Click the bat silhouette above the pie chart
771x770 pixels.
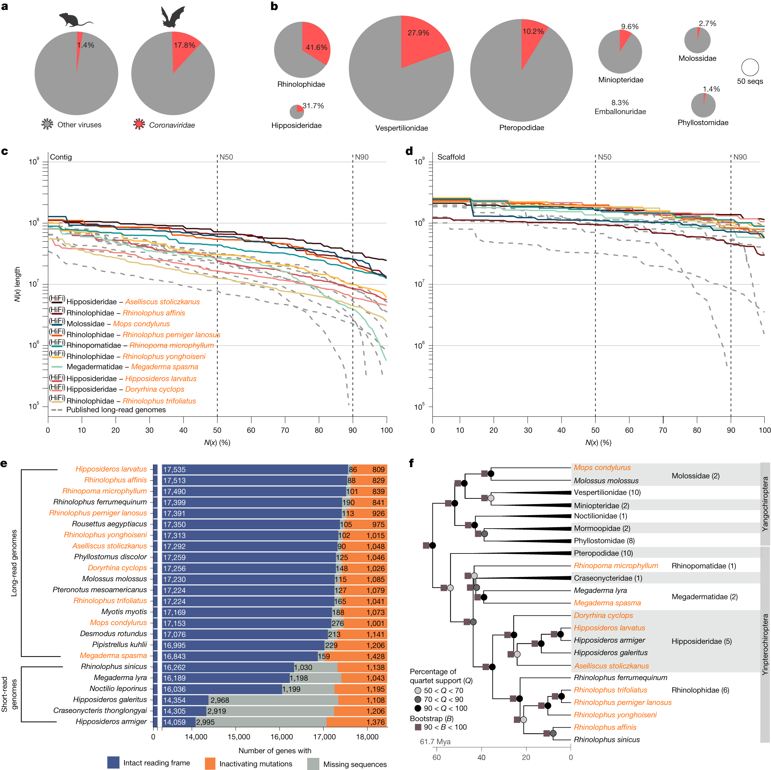pyautogui.click(x=173, y=18)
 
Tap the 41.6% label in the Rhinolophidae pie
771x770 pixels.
pyautogui.click(x=317, y=48)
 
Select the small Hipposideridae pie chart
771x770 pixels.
pyautogui.click(x=297, y=112)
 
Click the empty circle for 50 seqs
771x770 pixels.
pyautogui.click(x=750, y=68)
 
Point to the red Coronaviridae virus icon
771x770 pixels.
pyautogui.click(x=139, y=124)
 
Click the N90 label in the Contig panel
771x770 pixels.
pyautogui.click(x=362, y=157)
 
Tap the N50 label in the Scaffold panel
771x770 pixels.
pyautogui.click(x=604, y=157)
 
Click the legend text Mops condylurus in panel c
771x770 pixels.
pyautogui.click(x=141, y=323)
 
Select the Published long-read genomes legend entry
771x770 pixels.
pyautogui.click(x=116, y=410)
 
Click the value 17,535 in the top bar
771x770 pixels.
pyautogui.click(x=174, y=470)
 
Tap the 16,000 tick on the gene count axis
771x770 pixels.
pyautogui.click(x=282, y=737)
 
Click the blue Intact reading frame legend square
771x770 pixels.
pyautogui.click(x=113, y=763)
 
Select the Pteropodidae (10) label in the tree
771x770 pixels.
pyautogui.click(x=603, y=553)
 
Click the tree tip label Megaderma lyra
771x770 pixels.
pyautogui.click(x=600, y=590)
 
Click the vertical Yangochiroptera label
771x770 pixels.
pyautogui.click(x=765, y=504)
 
